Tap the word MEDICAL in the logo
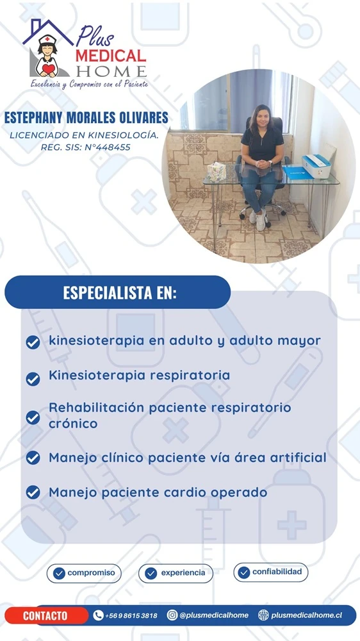pos(111,56)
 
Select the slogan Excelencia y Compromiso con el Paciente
pos(89,84)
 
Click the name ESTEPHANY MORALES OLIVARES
pos(86,118)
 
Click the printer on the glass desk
pos(316,165)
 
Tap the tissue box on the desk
pos(217,172)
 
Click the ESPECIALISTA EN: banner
pos(118,292)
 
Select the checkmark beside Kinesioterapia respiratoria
pos(33,379)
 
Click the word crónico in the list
pos(73,424)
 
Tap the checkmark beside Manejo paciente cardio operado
pos(33,492)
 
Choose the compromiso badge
pos(84,573)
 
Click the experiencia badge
pos(176,573)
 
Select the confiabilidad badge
pos(270,572)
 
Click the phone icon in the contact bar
pos(98,615)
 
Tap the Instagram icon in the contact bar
pos(172,615)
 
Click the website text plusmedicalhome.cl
pos(306,615)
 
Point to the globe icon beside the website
pos(263,615)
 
